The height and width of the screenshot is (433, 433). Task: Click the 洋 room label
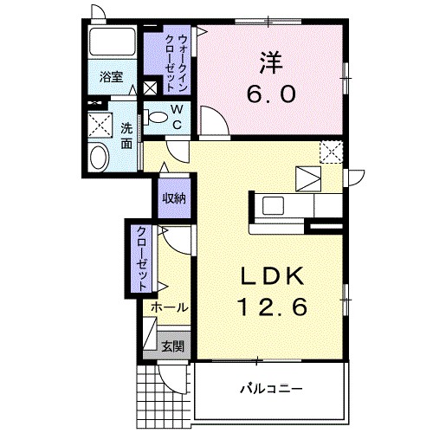click(x=270, y=62)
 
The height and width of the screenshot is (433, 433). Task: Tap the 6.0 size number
click(x=271, y=94)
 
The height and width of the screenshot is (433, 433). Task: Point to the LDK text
click(x=272, y=275)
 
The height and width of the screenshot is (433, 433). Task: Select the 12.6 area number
click(x=272, y=307)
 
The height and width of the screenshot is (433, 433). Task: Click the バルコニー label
click(x=271, y=389)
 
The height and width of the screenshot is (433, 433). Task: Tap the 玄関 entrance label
click(x=172, y=346)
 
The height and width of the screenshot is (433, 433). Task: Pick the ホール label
click(x=170, y=307)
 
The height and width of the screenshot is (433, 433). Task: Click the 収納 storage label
click(x=174, y=198)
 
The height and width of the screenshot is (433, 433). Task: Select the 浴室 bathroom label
click(x=112, y=77)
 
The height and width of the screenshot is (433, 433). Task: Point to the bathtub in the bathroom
click(x=113, y=42)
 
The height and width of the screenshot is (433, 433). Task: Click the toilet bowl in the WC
click(x=156, y=117)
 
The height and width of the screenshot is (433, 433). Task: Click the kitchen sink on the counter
click(x=273, y=205)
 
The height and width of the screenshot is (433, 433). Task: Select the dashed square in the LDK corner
click(x=331, y=152)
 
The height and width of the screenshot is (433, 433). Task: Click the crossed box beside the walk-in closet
click(x=151, y=88)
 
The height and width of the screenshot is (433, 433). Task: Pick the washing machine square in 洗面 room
click(x=100, y=126)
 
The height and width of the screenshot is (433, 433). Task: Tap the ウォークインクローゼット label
click(x=177, y=63)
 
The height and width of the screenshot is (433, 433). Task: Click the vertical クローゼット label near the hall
click(x=141, y=258)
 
